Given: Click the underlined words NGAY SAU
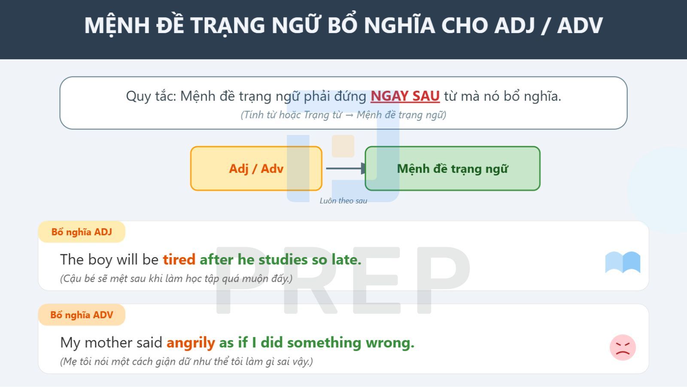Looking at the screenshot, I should tap(405, 96).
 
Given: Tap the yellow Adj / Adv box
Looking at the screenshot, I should tap(256, 169).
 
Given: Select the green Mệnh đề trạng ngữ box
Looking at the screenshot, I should tap(452, 169).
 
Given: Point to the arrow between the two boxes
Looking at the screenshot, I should tap(345, 169).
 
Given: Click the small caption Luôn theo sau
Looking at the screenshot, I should tap(343, 201).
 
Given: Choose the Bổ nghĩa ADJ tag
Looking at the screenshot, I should tap(82, 232).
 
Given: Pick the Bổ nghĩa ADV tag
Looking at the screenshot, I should tap(82, 315).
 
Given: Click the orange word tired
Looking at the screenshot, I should tap(179, 260).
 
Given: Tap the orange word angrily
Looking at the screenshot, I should tap(191, 343).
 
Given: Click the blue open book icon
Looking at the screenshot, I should tap(623, 262).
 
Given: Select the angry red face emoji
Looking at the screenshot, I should tap(623, 347).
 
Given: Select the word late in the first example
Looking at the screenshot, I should tap(346, 260).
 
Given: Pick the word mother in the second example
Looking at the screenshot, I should tap(109, 343).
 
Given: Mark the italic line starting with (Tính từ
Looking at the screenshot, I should tap(343, 115).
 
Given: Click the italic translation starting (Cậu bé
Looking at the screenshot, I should tap(176, 279).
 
